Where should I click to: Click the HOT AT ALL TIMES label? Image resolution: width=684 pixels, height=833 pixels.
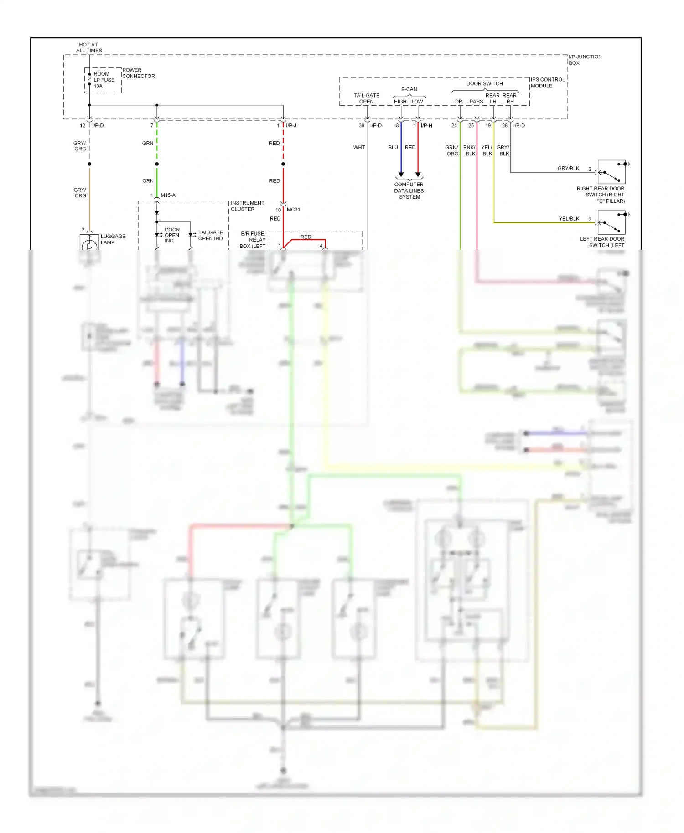click(x=88, y=48)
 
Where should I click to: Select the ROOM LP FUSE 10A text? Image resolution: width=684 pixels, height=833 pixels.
click(x=104, y=80)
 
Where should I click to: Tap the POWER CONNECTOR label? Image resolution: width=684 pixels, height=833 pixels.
click(x=138, y=73)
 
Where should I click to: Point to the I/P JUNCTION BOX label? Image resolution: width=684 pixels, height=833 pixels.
click(x=585, y=60)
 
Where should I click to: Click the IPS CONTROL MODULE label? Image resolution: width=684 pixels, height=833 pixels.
click(x=547, y=82)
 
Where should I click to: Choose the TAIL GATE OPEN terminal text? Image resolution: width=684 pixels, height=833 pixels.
click(x=366, y=98)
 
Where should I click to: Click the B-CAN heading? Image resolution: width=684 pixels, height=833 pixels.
click(x=409, y=89)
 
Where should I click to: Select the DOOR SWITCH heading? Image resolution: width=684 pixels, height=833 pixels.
click(x=484, y=83)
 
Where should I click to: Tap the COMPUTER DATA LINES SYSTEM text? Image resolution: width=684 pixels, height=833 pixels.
click(x=409, y=190)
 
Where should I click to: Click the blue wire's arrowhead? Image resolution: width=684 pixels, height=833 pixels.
click(x=401, y=175)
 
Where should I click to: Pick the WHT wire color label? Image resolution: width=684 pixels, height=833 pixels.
click(x=359, y=147)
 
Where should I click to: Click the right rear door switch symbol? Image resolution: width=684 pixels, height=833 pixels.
click(x=611, y=172)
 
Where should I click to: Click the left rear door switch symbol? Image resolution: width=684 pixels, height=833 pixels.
click(x=611, y=222)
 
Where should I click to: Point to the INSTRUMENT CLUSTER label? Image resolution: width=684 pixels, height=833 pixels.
click(x=247, y=206)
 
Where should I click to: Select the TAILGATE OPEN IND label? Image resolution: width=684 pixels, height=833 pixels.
click(x=210, y=235)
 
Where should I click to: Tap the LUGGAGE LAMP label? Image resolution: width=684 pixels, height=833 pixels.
click(x=113, y=239)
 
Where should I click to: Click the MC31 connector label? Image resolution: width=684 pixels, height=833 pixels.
click(x=293, y=210)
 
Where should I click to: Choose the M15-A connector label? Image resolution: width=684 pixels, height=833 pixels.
click(x=168, y=195)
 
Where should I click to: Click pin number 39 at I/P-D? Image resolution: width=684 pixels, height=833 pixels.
click(x=361, y=125)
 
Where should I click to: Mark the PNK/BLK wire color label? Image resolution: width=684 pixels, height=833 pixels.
click(x=469, y=150)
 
